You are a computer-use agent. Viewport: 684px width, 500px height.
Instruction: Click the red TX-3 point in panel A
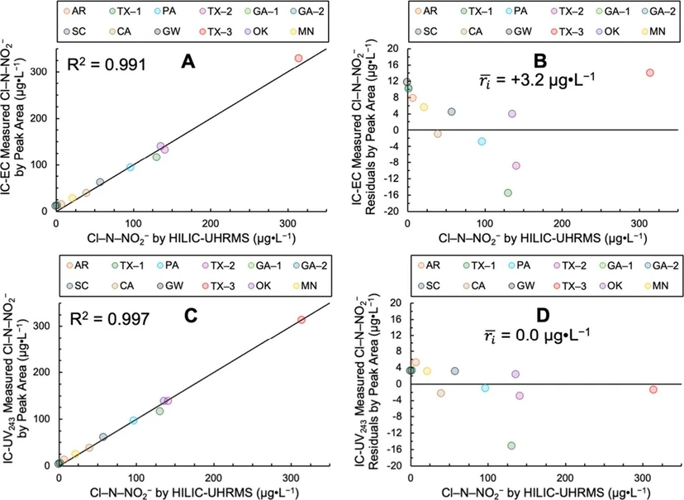tap(298, 58)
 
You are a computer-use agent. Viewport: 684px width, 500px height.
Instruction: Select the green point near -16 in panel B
tap(507, 193)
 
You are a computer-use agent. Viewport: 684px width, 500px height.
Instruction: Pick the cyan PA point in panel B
tap(481, 141)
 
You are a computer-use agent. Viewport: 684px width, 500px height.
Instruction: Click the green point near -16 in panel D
tap(511, 445)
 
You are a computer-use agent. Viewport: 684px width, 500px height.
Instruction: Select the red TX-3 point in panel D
tap(653, 389)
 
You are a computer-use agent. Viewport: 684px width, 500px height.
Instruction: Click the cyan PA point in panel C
tap(134, 421)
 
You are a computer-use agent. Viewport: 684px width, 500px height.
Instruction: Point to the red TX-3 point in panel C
tap(302, 320)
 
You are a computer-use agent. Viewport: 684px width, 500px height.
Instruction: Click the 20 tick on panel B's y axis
tap(394, 49)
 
